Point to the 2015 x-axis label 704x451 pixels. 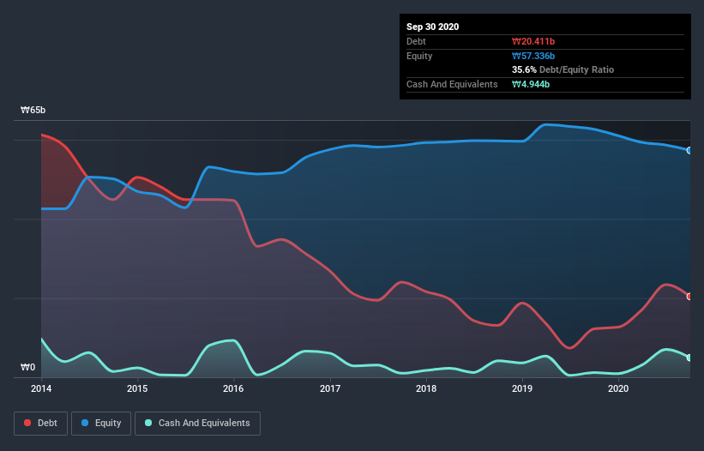[x=137, y=388]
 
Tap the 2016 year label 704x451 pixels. [x=233, y=388]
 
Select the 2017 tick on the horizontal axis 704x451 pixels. [x=330, y=388]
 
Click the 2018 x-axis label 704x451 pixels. [x=426, y=388]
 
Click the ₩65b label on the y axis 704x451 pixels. [x=33, y=111]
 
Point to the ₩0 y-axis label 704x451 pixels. [x=28, y=368]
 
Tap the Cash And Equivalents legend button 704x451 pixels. [x=197, y=423]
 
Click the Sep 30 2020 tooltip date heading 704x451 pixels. [x=433, y=27]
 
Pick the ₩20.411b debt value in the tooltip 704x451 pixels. [x=533, y=41]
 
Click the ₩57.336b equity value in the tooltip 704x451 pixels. [x=533, y=56]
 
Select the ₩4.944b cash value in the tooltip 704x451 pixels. [x=530, y=84]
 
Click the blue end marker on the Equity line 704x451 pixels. [x=689, y=150]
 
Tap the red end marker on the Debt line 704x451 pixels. [x=689, y=297]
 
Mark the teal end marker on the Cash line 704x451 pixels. [x=689, y=358]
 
